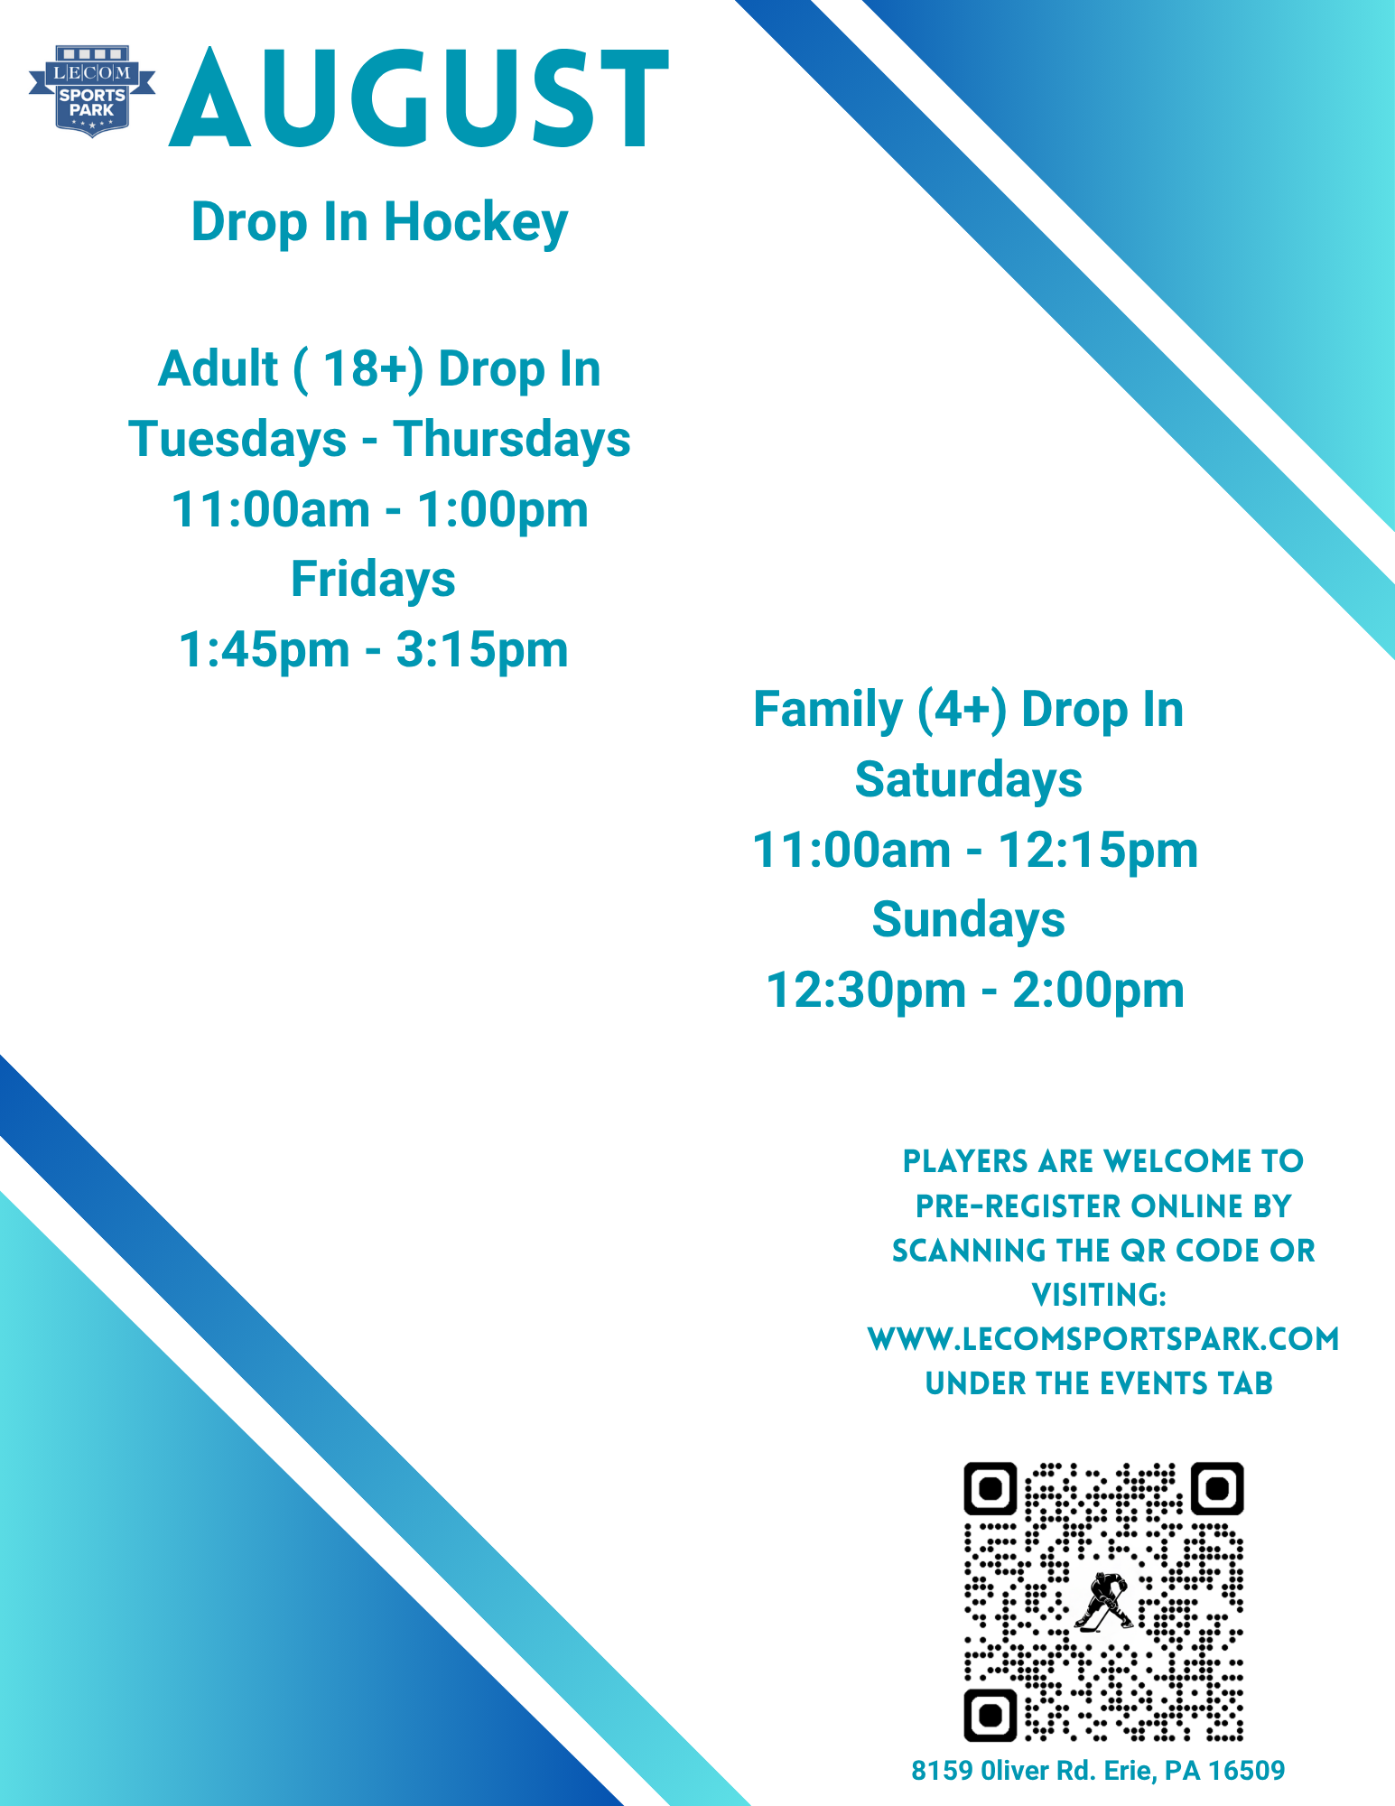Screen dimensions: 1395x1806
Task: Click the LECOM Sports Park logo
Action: pos(92,91)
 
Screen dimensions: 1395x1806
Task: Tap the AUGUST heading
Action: pos(419,98)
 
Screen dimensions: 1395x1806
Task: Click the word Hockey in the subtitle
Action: pos(476,223)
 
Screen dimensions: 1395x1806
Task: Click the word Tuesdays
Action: pos(238,440)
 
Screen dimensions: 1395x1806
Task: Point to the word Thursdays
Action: pos(512,440)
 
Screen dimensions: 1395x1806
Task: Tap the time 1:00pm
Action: pos(503,510)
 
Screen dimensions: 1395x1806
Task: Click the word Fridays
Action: pos(373,580)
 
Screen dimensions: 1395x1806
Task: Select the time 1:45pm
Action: pos(265,650)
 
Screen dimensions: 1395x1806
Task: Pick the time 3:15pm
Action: pos(482,650)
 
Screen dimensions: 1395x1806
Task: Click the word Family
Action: pos(828,710)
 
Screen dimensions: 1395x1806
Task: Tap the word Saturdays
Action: pos(969,779)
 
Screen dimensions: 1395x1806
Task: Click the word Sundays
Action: pos(969,921)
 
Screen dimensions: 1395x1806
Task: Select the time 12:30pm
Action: pos(866,991)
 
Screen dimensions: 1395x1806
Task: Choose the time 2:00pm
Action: pos(1098,991)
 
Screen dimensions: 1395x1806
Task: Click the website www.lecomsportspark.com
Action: pos(1103,1339)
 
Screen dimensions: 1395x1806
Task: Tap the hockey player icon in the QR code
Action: pos(1104,1602)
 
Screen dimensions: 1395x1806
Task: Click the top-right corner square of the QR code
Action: pos(1217,1488)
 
